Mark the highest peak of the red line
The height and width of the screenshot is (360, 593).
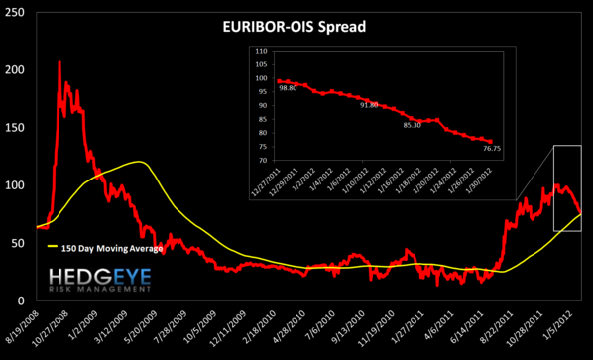(59, 61)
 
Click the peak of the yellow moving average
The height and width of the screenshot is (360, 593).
(140, 161)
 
